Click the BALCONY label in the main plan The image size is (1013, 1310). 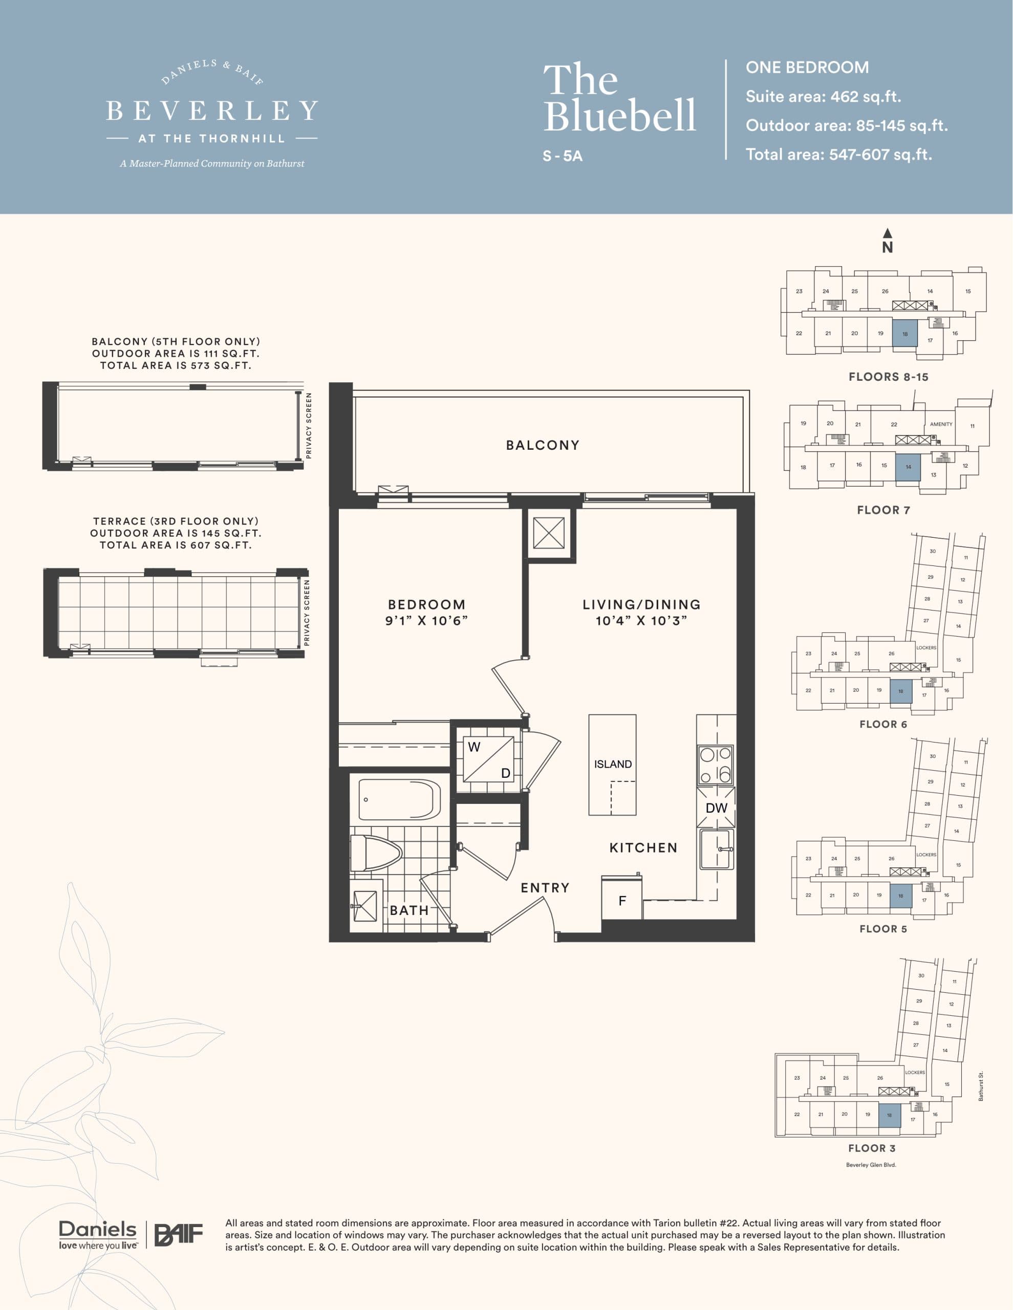543,445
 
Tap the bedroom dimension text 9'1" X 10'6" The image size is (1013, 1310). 426,621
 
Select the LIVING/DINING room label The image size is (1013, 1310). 641,605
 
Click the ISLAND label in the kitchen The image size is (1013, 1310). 612,764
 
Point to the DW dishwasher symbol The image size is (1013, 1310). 716,808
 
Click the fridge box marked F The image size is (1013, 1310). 622,900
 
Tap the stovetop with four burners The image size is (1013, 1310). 715,765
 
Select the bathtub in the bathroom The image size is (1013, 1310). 399,799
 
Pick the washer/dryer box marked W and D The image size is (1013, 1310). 488,759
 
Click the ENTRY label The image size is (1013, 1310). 544,888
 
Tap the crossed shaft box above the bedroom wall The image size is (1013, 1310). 549,533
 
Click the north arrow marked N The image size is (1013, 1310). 887,241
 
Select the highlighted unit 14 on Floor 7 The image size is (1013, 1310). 908,467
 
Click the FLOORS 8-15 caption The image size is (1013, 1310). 888,377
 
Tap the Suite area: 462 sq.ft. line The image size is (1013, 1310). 823,97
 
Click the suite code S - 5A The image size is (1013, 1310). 563,156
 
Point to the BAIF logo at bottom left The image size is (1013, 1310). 179,1234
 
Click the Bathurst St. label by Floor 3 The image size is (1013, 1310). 981,1086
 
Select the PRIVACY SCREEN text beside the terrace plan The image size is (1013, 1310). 307,613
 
